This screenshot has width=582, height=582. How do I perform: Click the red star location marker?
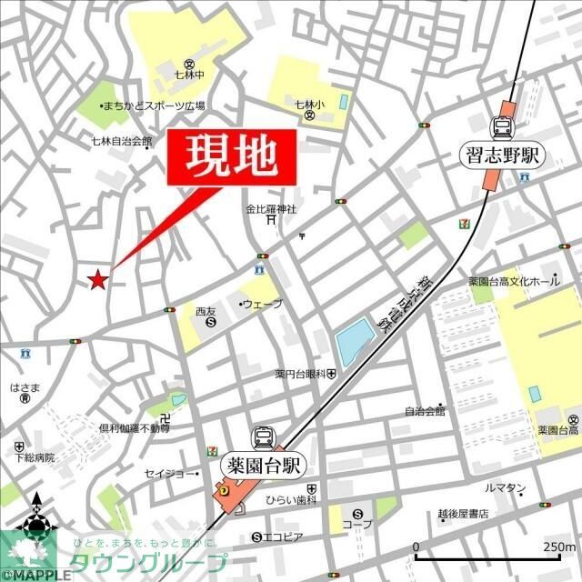(98, 279)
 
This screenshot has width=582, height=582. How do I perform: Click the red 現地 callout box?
(232, 158)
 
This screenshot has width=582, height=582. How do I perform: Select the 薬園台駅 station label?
(264, 466)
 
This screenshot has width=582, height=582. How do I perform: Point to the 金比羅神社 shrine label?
(271, 209)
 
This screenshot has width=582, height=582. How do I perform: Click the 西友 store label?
(206, 311)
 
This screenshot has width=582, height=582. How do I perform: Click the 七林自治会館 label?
(122, 141)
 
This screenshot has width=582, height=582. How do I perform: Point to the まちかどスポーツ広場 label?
(154, 105)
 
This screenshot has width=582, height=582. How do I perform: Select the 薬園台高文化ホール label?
(514, 282)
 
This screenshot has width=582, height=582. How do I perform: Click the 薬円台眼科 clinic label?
(300, 373)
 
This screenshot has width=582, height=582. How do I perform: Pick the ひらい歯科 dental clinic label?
(291, 501)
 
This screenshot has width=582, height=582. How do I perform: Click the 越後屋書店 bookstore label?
(463, 514)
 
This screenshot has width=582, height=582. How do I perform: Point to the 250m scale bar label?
(557, 547)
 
